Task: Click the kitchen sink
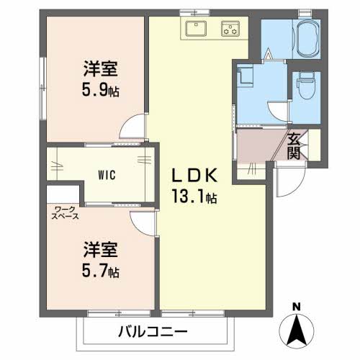(196, 28)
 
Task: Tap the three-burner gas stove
(230, 29)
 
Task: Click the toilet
(306, 86)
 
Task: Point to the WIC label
(107, 175)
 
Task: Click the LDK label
(194, 175)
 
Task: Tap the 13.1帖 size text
(194, 197)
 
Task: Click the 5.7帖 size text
(100, 271)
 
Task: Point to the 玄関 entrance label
(294, 146)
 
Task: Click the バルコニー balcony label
(153, 332)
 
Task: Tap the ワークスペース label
(65, 212)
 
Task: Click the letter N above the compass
(297, 307)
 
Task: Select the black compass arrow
(297, 330)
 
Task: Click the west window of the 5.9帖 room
(43, 88)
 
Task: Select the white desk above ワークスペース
(63, 194)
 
